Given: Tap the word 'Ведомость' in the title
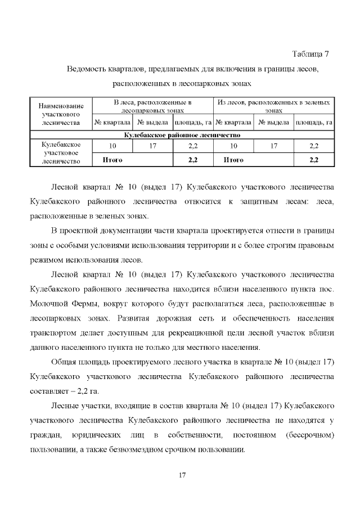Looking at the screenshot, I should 85,69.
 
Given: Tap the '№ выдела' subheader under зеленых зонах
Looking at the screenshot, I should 273,122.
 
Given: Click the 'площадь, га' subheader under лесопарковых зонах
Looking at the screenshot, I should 192,122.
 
